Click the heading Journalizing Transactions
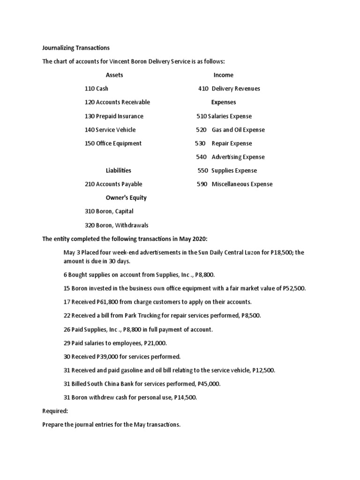76,48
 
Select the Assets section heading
114,75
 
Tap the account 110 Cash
97,89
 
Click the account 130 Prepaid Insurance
114,116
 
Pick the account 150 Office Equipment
113,143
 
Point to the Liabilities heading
119,171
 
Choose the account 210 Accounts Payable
113,184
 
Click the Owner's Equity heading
126,198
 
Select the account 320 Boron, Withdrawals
116,225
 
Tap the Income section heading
224,75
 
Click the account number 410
203,89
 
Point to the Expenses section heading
224,102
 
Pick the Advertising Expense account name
238,157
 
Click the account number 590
202,184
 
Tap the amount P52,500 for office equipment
294,288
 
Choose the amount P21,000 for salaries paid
154,343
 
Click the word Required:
55,411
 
